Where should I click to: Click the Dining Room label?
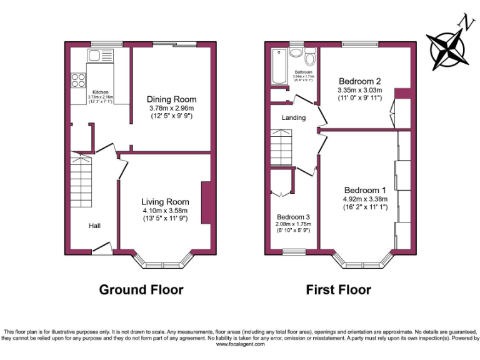[x=171, y=99]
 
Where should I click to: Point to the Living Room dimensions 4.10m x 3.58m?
[x=165, y=211]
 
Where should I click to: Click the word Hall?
[x=94, y=226]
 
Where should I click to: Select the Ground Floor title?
[x=141, y=289]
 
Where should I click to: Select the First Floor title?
[x=338, y=289]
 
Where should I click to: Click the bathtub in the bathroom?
[x=277, y=68]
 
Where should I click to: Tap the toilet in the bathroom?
[x=309, y=59]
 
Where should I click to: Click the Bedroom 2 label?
[x=360, y=81]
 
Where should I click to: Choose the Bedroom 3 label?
[x=293, y=217]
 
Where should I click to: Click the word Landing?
[x=293, y=117]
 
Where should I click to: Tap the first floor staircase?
[x=282, y=148]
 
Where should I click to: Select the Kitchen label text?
[x=101, y=92]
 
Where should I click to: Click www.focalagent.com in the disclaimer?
[x=239, y=343]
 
